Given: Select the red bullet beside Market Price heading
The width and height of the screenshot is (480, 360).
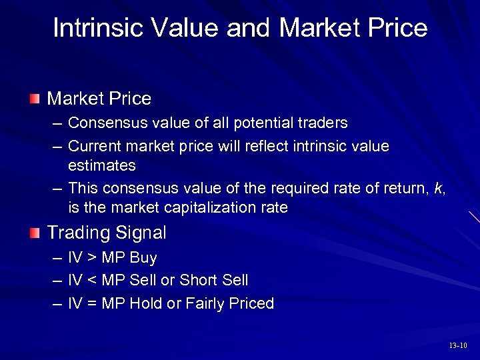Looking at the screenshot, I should tap(35, 99).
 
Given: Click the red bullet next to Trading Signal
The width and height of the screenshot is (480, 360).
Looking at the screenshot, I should tap(35, 233).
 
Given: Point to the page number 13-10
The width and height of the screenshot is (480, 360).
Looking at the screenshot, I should tap(458, 345).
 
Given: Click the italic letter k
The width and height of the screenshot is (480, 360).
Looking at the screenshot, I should tap(438, 189).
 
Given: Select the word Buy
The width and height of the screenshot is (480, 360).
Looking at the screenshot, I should tap(143, 258).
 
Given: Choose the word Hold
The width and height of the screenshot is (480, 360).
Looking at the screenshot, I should tap(146, 304).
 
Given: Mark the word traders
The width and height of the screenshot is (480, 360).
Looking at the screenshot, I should tap(325, 123).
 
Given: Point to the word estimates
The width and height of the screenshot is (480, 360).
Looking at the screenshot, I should tap(101, 165).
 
